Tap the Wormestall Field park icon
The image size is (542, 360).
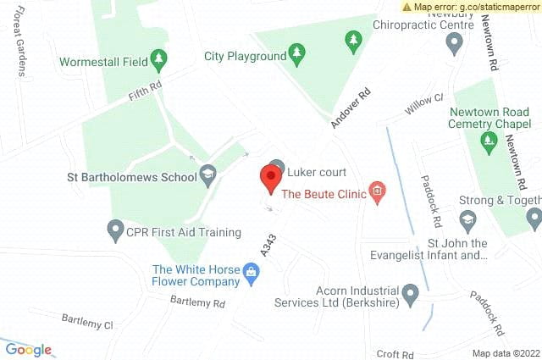click(x=158, y=59)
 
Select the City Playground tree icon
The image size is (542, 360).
click(x=296, y=56)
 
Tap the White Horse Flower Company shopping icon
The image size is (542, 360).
click(x=251, y=273)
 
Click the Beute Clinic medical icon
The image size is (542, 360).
click(x=377, y=194)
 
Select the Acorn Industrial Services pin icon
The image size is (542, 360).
click(x=411, y=296)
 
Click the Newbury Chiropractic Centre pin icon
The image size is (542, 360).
click(x=454, y=45)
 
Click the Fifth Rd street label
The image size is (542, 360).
click(x=145, y=89)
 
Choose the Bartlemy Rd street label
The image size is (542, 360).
click(x=196, y=302)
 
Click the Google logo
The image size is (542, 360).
click(x=29, y=349)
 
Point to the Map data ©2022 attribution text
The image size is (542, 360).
click(x=505, y=353)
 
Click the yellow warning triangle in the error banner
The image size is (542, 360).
click(x=406, y=7)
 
